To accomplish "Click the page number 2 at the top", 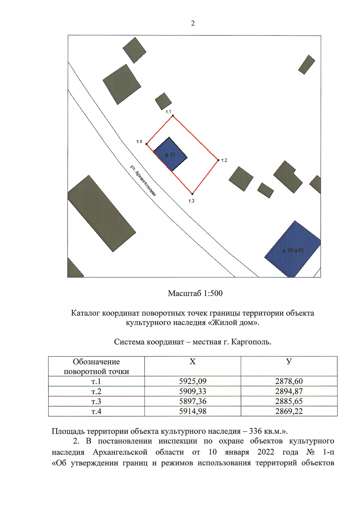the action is (x=193, y=23).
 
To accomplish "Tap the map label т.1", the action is (x=168, y=112).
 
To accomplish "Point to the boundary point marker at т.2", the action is (x=218, y=160).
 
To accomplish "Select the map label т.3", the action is (x=191, y=201).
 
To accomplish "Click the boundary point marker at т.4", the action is (x=147, y=144).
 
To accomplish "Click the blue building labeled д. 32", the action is (x=170, y=155).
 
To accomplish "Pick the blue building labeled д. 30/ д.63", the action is (x=292, y=250).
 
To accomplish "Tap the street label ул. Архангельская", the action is (x=143, y=180).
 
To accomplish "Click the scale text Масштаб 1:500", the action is (x=195, y=293).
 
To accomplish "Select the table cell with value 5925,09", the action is (x=193, y=381).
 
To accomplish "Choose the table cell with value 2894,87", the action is (x=289, y=391).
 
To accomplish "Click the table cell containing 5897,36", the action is (x=193, y=401).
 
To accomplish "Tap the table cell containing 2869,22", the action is (x=289, y=411).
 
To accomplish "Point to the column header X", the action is (x=193, y=362).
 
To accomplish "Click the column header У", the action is (x=289, y=362).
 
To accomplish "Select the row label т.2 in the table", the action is (x=96, y=391).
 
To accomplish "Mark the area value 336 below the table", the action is (x=255, y=431).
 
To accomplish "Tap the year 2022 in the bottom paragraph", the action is (x=265, y=452).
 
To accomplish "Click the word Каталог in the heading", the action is (x=85, y=313).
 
